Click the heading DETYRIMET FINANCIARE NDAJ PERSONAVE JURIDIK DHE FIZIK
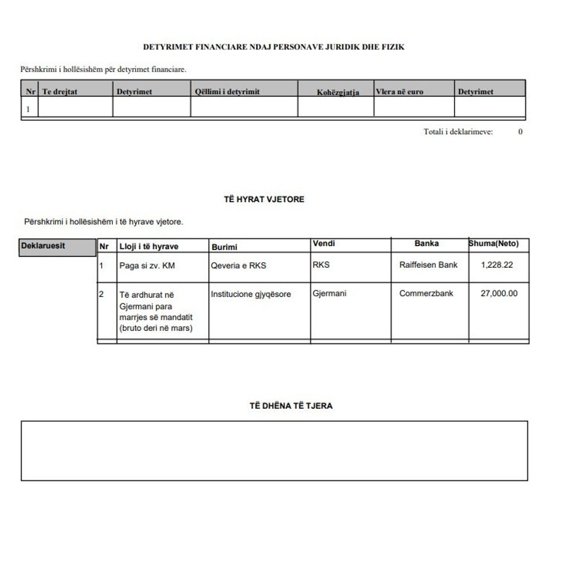(x=274, y=47)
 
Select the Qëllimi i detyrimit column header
(x=227, y=92)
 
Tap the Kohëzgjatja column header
(x=338, y=93)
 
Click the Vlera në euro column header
(x=400, y=92)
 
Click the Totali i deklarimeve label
(x=458, y=132)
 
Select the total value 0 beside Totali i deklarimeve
(x=520, y=132)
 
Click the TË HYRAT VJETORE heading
(x=264, y=199)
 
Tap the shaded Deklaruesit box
(x=57, y=247)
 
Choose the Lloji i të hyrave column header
(x=148, y=247)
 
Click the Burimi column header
(x=224, y=247)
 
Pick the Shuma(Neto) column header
(x=493, y=243)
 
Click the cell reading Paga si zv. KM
(x=147, y=266)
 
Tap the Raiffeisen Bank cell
(x=428, y=265)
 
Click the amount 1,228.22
(x=497, y=265)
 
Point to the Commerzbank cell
(x=426, y=294)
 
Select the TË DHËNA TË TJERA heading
(x=291, y=406)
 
